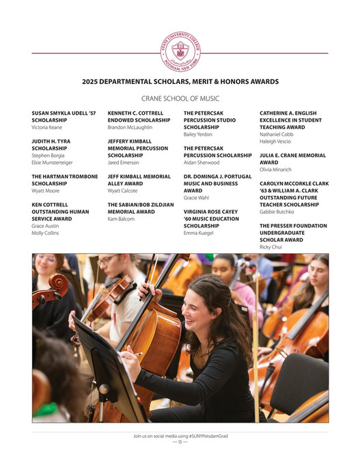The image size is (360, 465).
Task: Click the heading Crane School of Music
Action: (180, 98)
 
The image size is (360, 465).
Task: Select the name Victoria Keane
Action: (46, 127)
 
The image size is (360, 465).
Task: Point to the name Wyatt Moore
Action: (46, 191)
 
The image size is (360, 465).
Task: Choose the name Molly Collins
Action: (45, 233)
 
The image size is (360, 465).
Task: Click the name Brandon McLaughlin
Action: (130, 127)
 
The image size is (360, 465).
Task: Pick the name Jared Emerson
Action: (123, 163)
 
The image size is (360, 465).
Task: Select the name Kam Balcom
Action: (121, 219)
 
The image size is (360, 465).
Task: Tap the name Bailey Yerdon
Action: (199, 135)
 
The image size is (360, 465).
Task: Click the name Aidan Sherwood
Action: (202, 163)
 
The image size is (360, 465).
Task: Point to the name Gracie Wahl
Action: (196, 197)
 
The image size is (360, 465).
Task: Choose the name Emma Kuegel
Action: (199, 233)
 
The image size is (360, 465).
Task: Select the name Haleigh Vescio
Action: (276, 141)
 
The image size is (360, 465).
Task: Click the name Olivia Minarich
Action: (275, 169)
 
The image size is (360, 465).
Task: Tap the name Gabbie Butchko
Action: (276, 212)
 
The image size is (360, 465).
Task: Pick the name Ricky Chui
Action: (271, 246)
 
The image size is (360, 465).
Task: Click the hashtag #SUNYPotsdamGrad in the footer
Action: (204, 436)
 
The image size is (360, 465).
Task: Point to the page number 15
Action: (180, 442)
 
